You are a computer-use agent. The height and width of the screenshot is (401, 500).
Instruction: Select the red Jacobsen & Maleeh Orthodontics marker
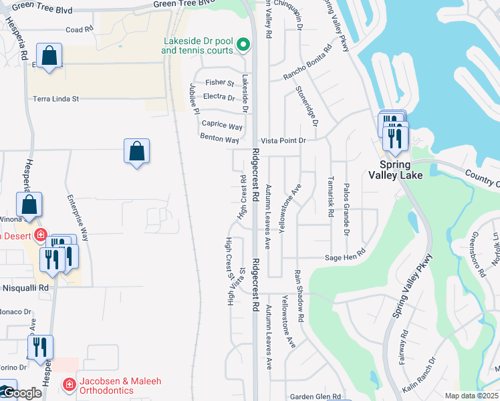tap(68, 384)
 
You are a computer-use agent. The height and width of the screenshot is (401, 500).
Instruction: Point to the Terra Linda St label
tap(56, 99)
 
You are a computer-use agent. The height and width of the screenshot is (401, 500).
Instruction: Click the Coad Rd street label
tap(79, 30)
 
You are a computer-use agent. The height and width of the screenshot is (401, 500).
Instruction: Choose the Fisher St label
tap(220, 83)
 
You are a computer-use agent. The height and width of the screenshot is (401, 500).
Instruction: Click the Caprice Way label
tap(223, 126)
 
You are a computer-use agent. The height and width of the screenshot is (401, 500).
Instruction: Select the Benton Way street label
tap(219, 140)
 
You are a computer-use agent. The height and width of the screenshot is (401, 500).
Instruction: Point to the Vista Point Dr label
tap(283, 140)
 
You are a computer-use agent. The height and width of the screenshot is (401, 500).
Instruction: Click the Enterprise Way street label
tap(78, 218)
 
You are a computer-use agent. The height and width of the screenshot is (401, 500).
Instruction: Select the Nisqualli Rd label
tap(25, 287)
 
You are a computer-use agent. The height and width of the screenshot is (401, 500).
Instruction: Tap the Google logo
tap(21, 392)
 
